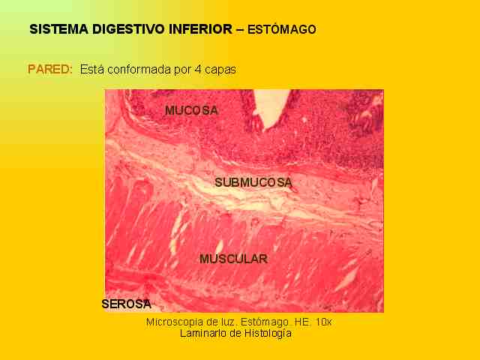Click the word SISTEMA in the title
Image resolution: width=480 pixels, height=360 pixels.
tap(59, 29)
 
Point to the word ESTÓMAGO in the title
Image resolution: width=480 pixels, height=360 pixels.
tap(282, 29)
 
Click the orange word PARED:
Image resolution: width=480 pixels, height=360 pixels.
tap(50, 69)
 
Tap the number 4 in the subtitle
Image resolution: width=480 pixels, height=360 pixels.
tap(198, 70)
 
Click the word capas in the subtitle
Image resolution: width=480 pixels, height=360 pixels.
tap(220, 70)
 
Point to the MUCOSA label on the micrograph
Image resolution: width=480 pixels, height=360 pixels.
tap(192, 110)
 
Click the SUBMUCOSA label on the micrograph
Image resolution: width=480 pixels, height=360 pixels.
tap(253, 182)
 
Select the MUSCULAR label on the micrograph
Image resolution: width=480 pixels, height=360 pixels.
tap(233, 259)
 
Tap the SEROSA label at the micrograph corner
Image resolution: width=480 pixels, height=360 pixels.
tap(127, 304)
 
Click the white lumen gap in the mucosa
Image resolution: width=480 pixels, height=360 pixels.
tap(271, 108)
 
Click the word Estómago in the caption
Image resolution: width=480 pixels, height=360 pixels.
tap(265, 322)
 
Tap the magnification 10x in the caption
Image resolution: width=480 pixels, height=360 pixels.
tap(323, 322)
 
